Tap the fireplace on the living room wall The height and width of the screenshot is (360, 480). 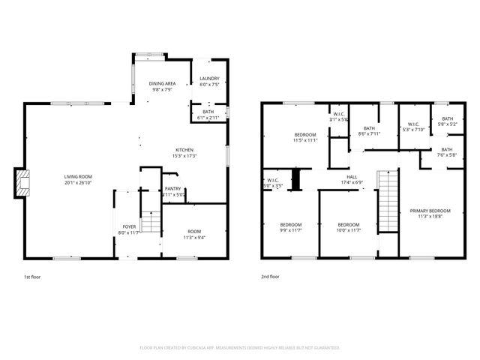[x=22, y=184]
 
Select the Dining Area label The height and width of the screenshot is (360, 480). [x=162, y=84]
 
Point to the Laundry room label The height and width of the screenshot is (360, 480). [x=209, y=79]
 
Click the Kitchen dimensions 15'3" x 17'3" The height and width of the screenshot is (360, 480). [x=184, y=156]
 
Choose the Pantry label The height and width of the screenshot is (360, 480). [x=173, y=188]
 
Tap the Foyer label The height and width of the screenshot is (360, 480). [x=129, y=226]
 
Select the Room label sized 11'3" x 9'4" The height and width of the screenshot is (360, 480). [x=194, y=232]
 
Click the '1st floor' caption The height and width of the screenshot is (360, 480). [x=32, y=277]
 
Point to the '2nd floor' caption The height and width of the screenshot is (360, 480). [x=270, y=277]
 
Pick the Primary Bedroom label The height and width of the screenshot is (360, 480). [x=430, y=211]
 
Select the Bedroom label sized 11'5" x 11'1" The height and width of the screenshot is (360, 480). [x=304, y=134]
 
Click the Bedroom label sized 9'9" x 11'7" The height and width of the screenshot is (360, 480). [x=291, y=225]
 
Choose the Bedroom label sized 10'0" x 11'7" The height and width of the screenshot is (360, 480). [x=349, y=225]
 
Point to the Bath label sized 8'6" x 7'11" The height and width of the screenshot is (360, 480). [x=369, y=128]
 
